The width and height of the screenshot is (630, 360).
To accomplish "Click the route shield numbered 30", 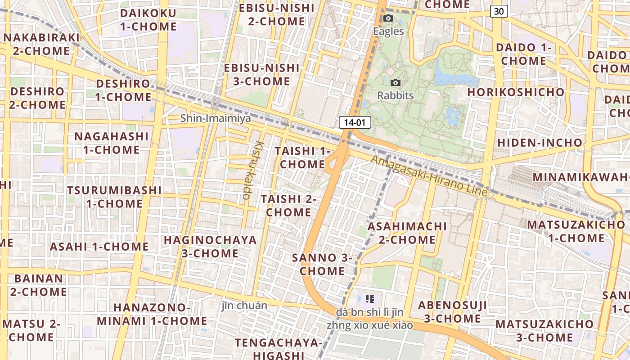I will (499, 11).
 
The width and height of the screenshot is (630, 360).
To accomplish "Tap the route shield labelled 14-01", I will (355, 122).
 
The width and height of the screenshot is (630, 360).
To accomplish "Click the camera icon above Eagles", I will (388, 18).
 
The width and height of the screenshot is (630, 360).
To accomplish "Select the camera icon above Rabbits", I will (396, 82).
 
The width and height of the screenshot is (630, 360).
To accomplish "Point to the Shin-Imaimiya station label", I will (216, 118).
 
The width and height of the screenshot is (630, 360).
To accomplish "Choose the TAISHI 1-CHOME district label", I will (302, 157).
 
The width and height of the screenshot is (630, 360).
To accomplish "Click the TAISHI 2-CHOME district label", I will (288, 205).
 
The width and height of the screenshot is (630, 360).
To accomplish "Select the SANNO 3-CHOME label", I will (322, 264).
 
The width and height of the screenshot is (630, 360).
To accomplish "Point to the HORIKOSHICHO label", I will (516, 92).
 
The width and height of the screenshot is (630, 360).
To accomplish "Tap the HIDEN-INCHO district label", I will (539, 143).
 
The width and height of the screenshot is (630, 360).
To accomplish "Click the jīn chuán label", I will (244, 306).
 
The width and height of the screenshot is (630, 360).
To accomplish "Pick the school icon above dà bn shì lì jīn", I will (370, 298).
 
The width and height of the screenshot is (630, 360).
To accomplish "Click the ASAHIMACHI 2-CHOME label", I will (407, 233).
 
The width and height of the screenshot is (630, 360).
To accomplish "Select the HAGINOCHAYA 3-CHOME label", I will (210, 246).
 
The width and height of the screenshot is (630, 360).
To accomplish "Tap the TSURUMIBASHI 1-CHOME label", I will (114, 197).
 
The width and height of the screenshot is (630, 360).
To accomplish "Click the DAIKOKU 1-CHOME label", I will (148, 20).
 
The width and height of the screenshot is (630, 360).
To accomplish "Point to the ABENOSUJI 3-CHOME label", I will (452, 312).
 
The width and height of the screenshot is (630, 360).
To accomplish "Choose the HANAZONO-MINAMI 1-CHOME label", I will (152, 314).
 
